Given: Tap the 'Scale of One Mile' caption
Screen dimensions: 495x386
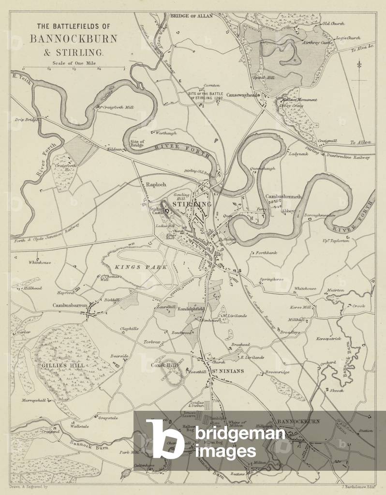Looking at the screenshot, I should pos(73,62).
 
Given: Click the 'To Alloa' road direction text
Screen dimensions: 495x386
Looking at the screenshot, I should pos(360,143).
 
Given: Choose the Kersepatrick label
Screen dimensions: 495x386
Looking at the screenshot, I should pos(329,338).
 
